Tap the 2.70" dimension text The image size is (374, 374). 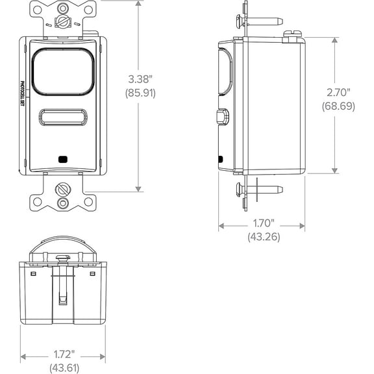coord(339,92)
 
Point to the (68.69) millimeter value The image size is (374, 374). coord(339,106)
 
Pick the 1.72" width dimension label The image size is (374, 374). coord(63,355)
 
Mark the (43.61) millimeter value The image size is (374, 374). coord(63,368)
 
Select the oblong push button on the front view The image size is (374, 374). coord(63,118)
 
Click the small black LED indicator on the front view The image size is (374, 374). coord(63,158)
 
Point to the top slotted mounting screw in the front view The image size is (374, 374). coord(63,23)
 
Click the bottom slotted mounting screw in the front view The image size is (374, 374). coord(63,190)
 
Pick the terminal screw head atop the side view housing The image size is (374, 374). coord(295,32)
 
